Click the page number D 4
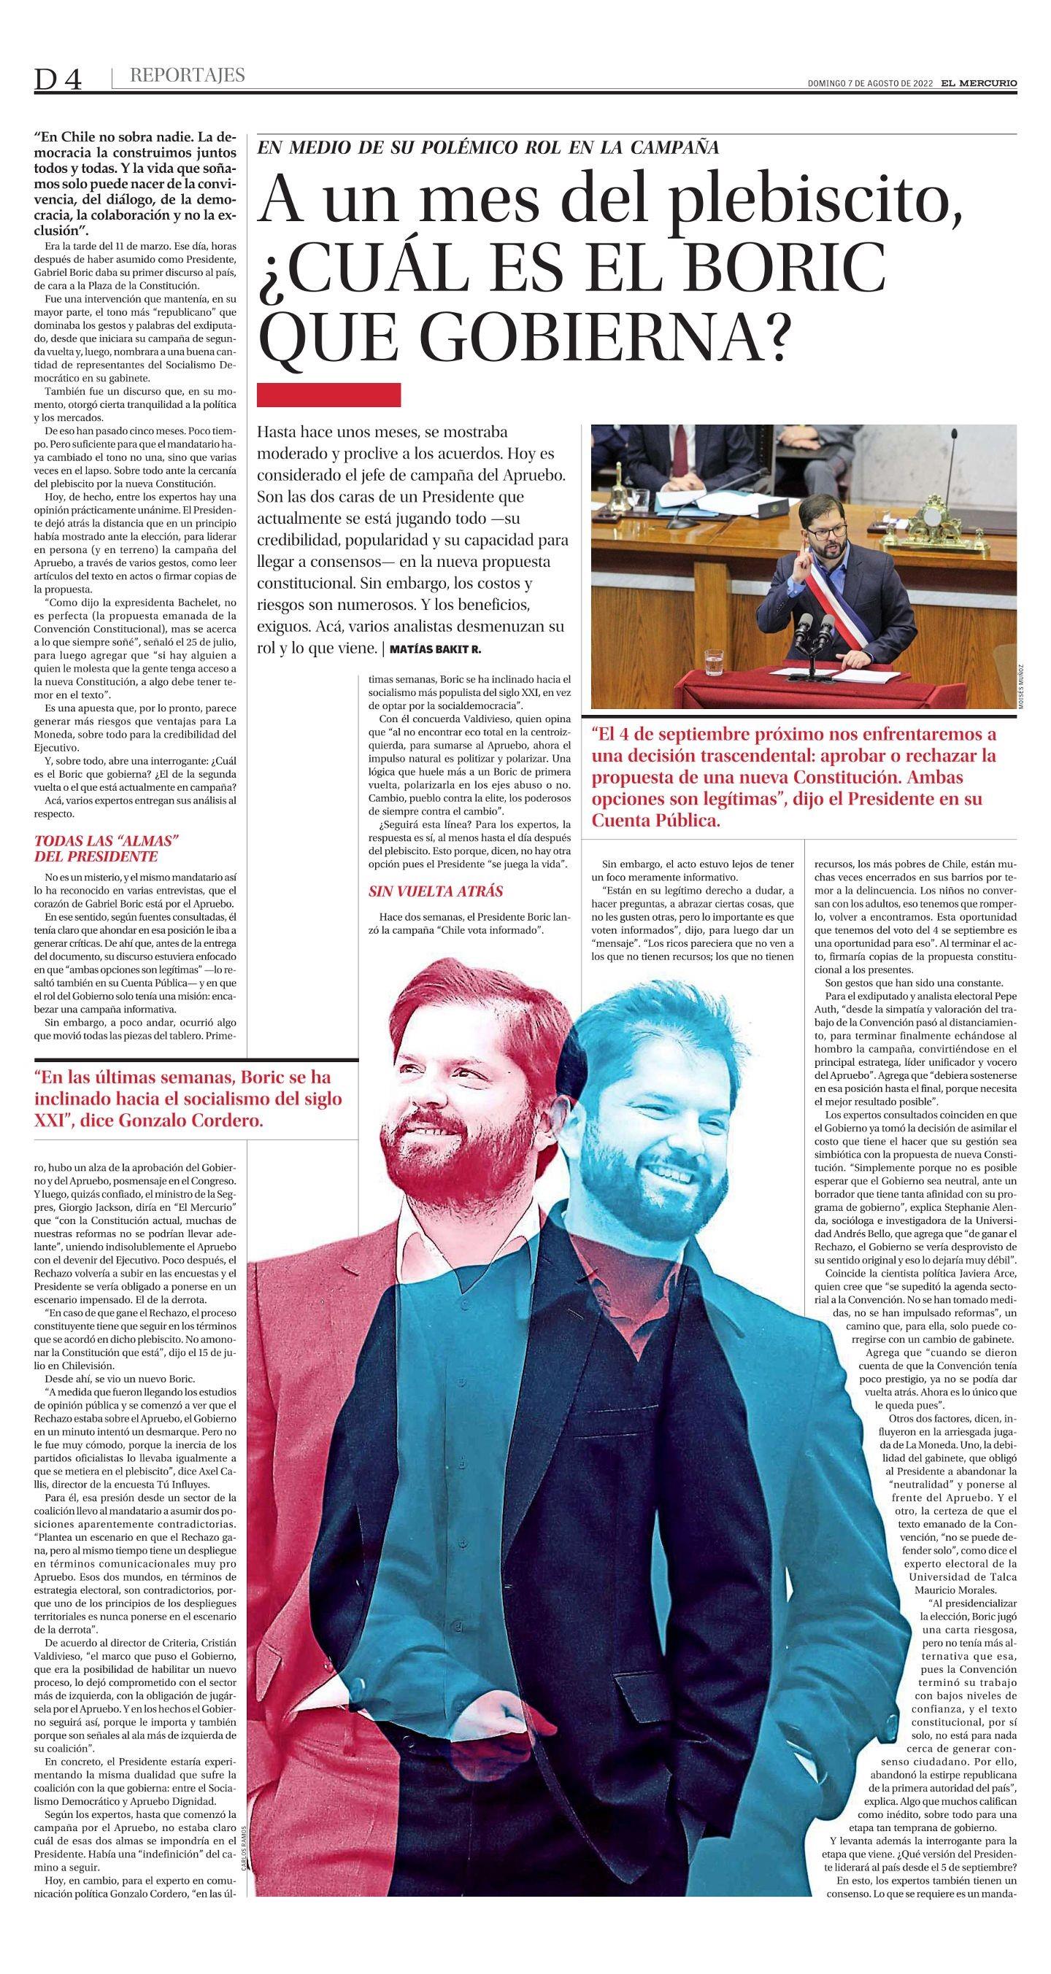click(x=58, y=79)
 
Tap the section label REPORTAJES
click(x=187, y=75)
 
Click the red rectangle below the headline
click(x=330, y=395)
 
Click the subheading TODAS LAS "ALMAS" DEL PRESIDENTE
click(x=107, y=848)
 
